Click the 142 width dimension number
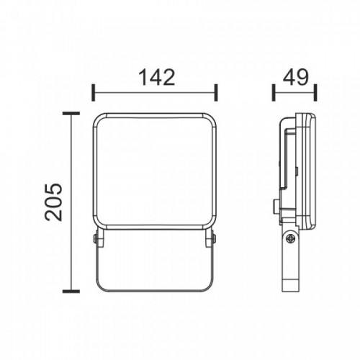tap(157, 77)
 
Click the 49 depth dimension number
tap(295, 77)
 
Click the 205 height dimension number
tap(53, 202)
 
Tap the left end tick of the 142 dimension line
tap(94, 92)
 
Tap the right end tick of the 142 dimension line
tap(216, 92)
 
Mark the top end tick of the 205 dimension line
tap(71, 114)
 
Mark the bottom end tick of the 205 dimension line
tap(71, 292)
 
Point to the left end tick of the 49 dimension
tap(274, 92)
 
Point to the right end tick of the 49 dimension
tap(315, 92)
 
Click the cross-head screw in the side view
tap(292, 238)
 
